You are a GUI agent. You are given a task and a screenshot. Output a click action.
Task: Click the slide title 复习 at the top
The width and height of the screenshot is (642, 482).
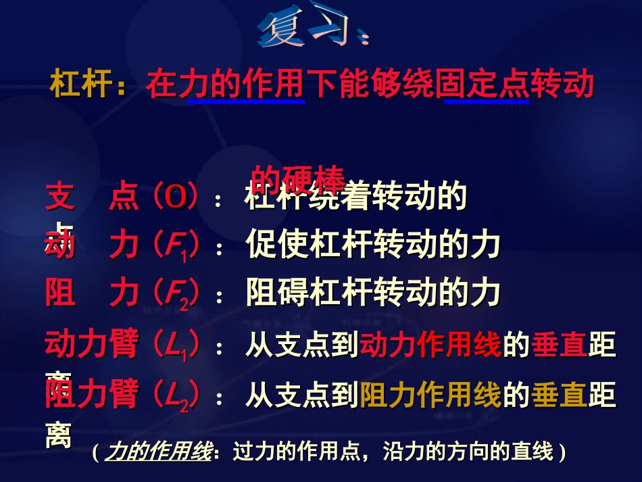click(313, 30)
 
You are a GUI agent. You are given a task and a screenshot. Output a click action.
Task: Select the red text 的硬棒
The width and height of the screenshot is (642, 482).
click(297, 178)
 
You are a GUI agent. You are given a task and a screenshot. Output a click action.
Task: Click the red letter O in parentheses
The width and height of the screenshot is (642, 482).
click(176, 197)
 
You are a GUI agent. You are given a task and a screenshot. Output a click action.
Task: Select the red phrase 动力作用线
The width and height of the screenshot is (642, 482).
click(431, 345)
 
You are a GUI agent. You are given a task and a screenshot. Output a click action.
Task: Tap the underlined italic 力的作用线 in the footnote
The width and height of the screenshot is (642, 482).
click(159, 452)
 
